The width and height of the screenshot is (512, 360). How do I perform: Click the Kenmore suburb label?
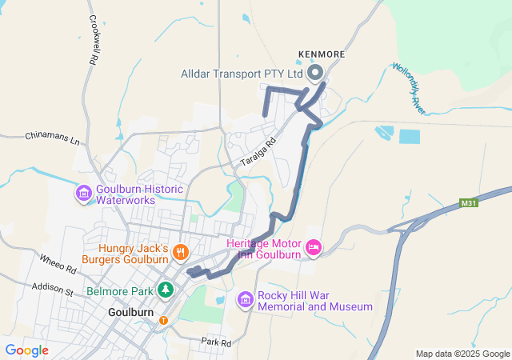tap(322, 54)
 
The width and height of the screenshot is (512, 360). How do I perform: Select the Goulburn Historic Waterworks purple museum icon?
tap(83, 194)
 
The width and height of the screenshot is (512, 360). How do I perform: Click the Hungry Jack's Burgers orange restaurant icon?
tap(182, 252)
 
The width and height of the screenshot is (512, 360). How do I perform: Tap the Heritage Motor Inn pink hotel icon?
tap(313, 249)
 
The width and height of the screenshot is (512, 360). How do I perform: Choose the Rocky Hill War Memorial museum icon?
tap(245, 300)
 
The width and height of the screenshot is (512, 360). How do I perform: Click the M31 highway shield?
tap(470, 204)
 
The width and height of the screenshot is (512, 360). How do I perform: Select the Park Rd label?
tap(215, 342)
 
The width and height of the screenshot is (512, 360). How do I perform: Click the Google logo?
tap(26, 350)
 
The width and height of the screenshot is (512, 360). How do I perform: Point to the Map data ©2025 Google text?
tap(462, 354)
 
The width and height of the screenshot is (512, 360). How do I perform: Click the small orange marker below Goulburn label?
tap(164, 320)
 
